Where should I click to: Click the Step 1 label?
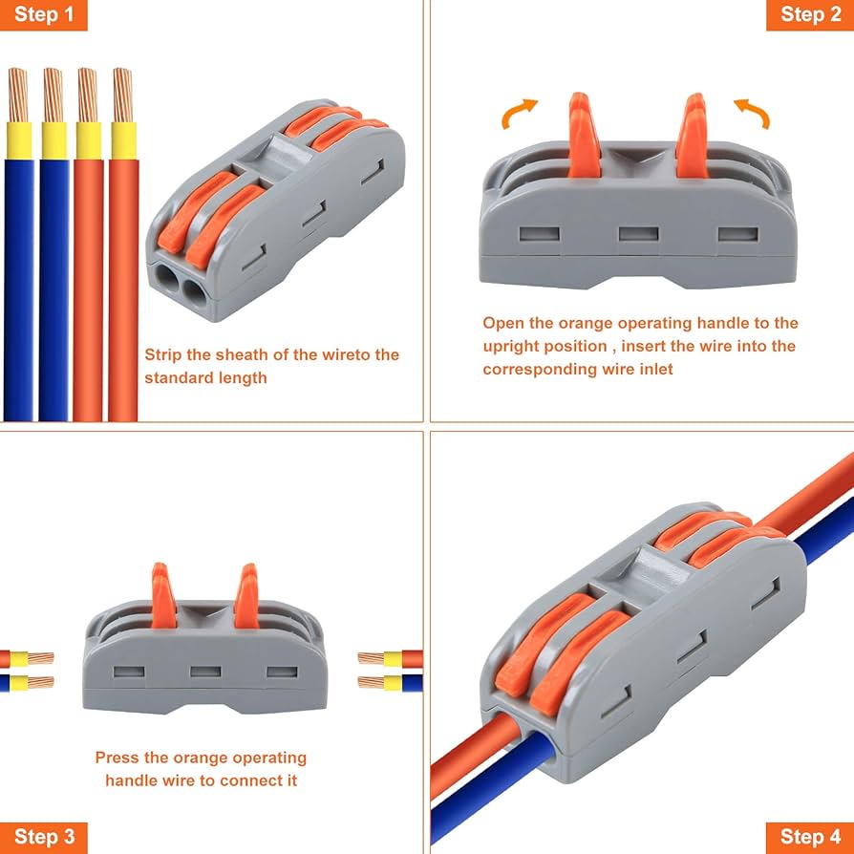tap(43, 14)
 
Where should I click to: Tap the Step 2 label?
tap(809, 14)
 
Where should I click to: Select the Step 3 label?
tap(43, 838)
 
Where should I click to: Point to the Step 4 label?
tap(809, 838)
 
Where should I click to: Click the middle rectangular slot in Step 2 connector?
tap(636, 233)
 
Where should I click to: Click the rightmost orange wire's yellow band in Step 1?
tap(123, 139)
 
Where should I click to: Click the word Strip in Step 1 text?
tap(163, 355)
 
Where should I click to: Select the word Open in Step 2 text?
tap(502, 324)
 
